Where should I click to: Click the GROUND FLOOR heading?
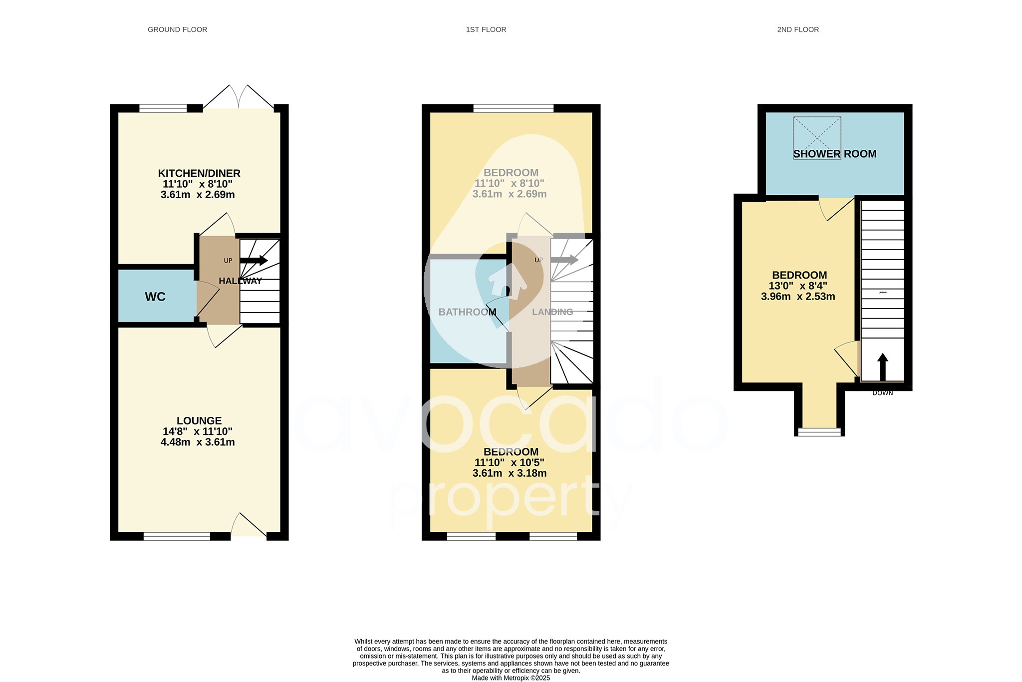(177, 29)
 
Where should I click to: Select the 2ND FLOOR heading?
(797, 29)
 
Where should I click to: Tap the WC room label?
(155, 297)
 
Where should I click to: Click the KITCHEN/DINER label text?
(199, 173)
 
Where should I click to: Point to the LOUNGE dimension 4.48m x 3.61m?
(198, 442)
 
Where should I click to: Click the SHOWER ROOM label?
(834, 154)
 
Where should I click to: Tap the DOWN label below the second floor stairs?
(882, 393)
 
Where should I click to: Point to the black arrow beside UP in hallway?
(254, 260)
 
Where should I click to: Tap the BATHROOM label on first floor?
(467, 312)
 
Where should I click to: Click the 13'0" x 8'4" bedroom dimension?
(797, 286)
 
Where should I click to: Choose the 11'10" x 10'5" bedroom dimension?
(509, 462)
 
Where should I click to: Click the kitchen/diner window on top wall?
(163, 108)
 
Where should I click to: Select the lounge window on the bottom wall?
(177, 536)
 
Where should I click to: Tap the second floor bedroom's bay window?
(819, 432)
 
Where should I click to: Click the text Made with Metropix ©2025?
(511, 678)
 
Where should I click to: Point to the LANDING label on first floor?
(552, 312)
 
